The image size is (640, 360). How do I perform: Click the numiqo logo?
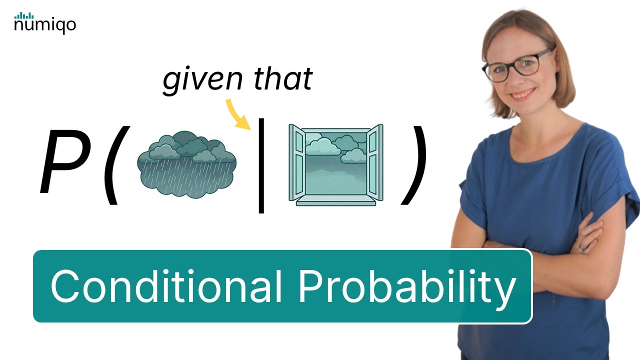[x=45, y=23]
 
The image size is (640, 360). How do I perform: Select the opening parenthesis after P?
[x=113, y=165]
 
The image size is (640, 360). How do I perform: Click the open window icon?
[x=335, y=164]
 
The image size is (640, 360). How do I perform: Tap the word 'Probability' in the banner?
[x=407, y=287]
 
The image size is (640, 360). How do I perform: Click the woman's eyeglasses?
[x=517, y=65]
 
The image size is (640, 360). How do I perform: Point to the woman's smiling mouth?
[x=522, y=93]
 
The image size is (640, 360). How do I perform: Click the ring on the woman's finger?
[x=581, y=247]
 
